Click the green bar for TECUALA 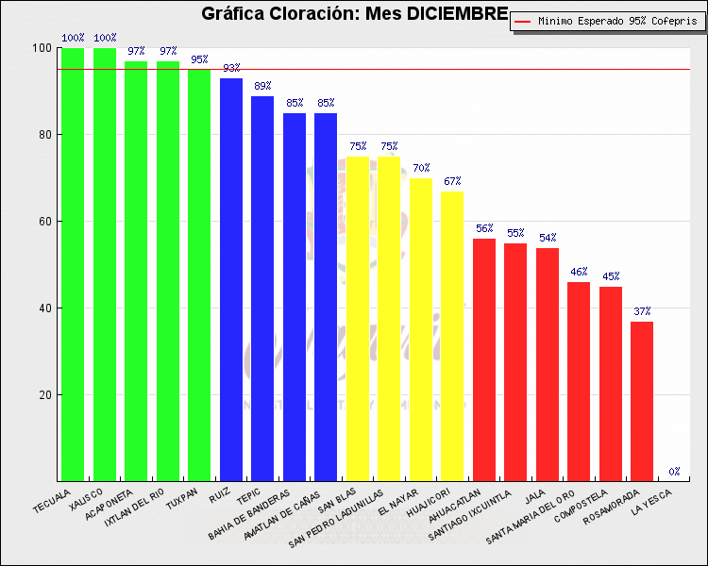[73, 264]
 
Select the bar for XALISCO [105, 264]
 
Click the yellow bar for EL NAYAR [421, 329]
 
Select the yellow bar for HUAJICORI [452, 336]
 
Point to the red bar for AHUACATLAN [484, 359]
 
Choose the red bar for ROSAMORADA [642, 401]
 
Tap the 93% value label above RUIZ [231, 68]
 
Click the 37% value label [642, 311]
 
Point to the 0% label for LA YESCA [674, 472]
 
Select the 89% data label [262, 86]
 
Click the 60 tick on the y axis [44, 222]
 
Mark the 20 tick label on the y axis [44, 395]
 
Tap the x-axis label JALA [535, 494]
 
